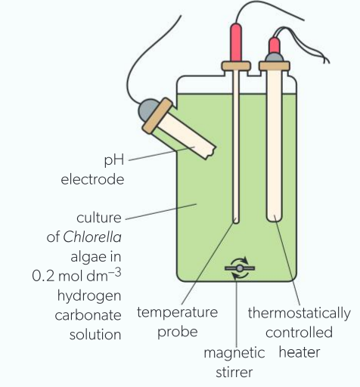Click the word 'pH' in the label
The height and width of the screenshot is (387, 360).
coord(114,161)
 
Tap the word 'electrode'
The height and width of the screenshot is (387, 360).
coord(92,179)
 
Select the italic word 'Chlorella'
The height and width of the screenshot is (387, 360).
coord(92,237)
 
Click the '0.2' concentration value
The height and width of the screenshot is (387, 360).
coord(43,276)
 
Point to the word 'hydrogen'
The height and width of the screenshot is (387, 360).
coord(89,296)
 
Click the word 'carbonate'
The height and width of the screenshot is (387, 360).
coord(88,315)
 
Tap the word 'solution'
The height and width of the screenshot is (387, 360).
coord(95,335)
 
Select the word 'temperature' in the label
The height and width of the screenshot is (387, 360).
coord(177,313)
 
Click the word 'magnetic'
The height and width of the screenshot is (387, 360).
coord(234,353)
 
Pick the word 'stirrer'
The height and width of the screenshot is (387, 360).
coord(234,372)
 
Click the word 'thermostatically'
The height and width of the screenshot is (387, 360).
coord(299,314)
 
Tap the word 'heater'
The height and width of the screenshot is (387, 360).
coord(299,352)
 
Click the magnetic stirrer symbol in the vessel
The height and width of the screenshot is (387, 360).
coord(240,268)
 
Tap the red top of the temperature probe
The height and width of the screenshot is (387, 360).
coord(236,42)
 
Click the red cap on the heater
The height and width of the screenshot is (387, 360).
coord(275,45)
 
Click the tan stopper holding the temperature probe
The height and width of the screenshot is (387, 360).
coord(236,67)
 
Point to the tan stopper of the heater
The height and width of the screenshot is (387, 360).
coord(275,66)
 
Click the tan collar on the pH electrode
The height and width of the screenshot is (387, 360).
coord(157,116)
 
